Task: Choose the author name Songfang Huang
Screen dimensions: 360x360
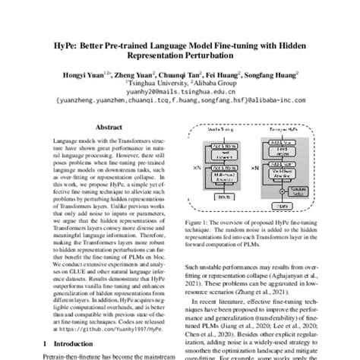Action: click(271, 76)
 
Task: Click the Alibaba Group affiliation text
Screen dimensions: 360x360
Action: click(216, 87)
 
